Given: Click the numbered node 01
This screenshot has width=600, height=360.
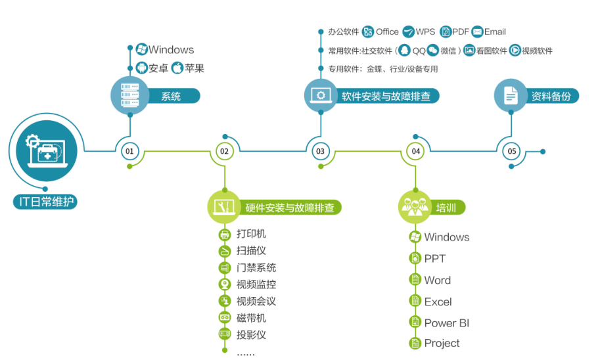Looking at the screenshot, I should pyautogui.click(x=129, y=152).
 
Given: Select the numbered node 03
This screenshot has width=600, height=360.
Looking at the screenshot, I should pyautogui.click(x=320, y=152).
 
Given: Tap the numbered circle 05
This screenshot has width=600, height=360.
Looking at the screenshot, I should pyautogui.click(x=511, y=152).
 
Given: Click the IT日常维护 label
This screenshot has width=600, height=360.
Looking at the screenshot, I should pyautogui.click(x=45, y=201).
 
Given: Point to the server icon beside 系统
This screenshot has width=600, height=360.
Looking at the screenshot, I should pyautogui.click(x=130, y=95).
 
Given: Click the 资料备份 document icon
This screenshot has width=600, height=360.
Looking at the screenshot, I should pyautogui.click(x=511, y=95).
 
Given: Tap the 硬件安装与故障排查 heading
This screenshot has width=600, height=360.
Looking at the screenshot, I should pyautogui.click(x=290, y=208).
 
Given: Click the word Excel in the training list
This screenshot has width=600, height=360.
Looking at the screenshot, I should pyautogui.click(x=438, y=302).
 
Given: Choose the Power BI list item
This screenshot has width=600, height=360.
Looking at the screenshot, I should pyautogui.click(x=446, y=323).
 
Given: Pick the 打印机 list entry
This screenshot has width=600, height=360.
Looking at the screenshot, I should pyautogui.click(x=251, y=234).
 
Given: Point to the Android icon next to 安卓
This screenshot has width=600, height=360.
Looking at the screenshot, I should pyautogui.click(x=141, y=68).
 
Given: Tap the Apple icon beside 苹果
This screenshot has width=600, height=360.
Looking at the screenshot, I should pyautogui.click(x=177, y=68).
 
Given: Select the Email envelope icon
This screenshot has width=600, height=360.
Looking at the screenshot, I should pyautogui.click(x=477, y=32).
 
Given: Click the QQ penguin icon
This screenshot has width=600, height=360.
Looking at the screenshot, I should pyautogui.click(x=405, y=51).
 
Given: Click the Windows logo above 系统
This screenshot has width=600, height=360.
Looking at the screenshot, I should pyautogui.click(x=141, y=49).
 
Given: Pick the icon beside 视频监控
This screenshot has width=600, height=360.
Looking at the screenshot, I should pyautogui.click(x=225, y=284).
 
